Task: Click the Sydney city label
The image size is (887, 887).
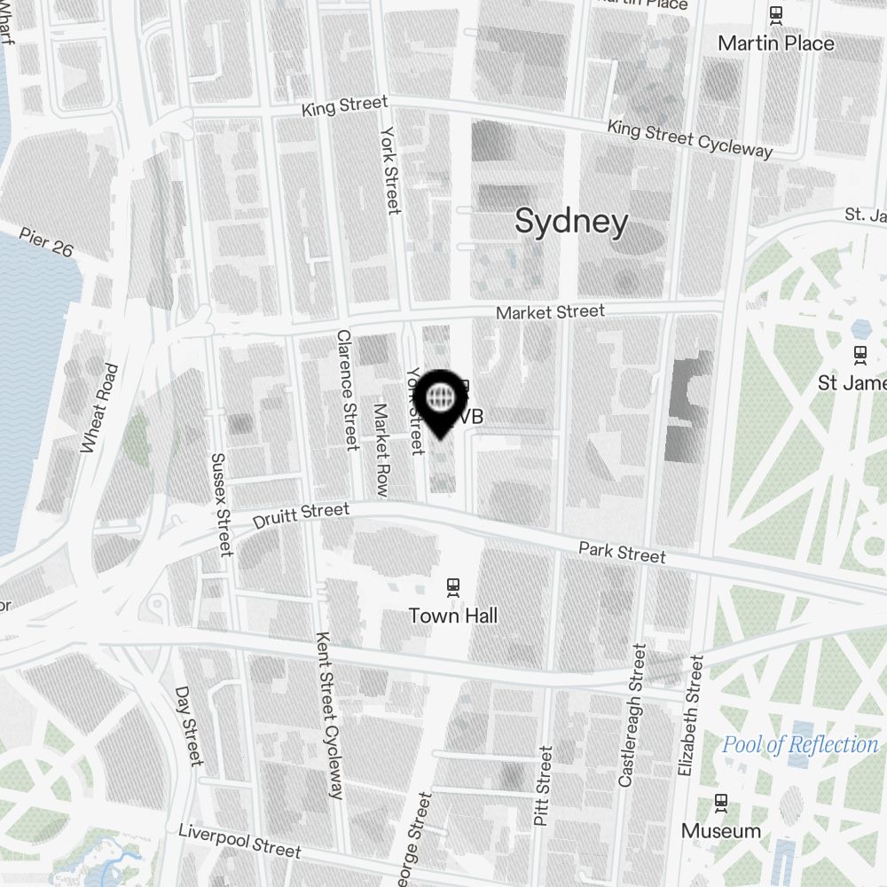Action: coord(571,222)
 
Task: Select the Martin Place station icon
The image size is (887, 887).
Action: coord(776,14)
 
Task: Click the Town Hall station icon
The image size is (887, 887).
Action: coord(453,586)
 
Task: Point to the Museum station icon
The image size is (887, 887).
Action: coord(721,803)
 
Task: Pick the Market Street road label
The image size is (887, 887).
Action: coord(550,312)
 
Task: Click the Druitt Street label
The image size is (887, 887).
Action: coord(301,514)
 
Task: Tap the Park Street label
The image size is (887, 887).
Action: coord(622,552)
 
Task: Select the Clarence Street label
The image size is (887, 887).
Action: coord(345,390)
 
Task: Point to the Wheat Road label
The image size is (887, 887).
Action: coord(98,409)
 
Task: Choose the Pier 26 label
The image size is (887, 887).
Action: coord(46,241)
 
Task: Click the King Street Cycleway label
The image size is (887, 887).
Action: coord(689,138)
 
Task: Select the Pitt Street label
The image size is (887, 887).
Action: coord(544,786)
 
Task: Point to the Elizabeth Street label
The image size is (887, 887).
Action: coord(690,717)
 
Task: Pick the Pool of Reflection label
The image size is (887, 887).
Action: coord(800,744)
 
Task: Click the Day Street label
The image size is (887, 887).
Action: coord(189,726)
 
